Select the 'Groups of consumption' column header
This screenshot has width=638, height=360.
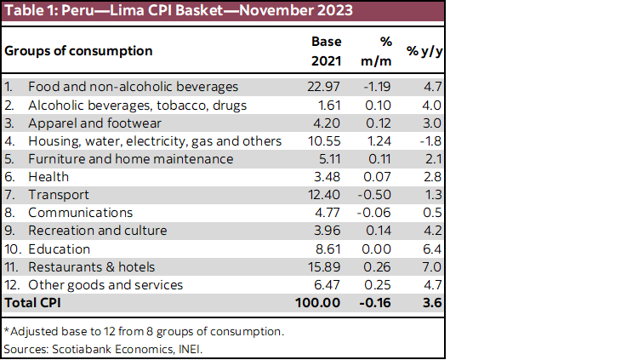pyautogui.click(x=78, y=50)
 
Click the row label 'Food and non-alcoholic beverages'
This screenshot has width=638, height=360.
pyautogui.click(x=133, y=87)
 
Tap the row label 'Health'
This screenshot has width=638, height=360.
pyautogui.click(x=48, y=176)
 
